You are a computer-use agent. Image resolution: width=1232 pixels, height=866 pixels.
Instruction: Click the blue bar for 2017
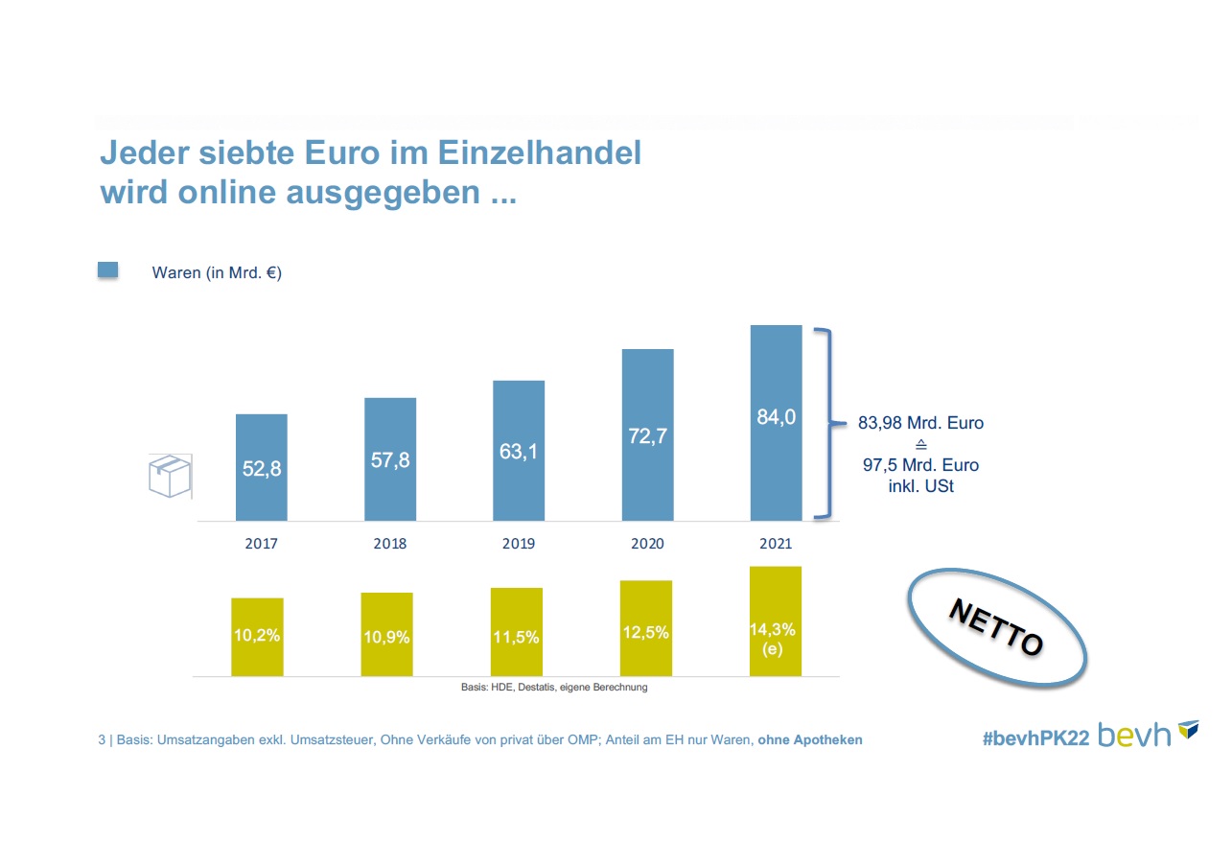coord(261,467)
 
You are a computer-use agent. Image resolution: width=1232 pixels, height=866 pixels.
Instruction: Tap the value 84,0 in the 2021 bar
coord(776,417)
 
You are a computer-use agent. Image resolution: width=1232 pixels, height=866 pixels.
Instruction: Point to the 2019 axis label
coord(518,544)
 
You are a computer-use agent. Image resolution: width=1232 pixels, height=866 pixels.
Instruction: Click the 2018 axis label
coord(389,544)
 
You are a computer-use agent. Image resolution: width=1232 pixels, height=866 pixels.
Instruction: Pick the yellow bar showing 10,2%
coord(257,637)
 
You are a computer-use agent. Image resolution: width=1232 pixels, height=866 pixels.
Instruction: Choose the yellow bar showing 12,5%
coord(646,628)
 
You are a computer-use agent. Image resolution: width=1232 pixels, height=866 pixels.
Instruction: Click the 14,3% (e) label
coord(775,639)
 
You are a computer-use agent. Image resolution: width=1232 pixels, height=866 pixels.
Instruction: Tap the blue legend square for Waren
coord(108,270)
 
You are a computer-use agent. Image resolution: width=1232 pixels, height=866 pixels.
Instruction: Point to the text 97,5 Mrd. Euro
coord(920,465)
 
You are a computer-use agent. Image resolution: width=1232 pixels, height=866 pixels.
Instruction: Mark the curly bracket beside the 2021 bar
coord(825,423)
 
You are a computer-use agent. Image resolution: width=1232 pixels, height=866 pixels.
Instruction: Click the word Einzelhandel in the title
coord(545,152)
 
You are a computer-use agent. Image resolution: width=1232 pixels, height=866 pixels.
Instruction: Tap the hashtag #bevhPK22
coord(1035,738)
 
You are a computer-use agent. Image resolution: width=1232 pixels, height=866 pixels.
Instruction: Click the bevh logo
coord(1148,734)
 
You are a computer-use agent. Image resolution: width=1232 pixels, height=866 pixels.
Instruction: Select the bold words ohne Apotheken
coord(810,740)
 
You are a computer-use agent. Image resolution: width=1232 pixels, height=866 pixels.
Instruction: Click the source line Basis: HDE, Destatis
coord(554,687)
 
